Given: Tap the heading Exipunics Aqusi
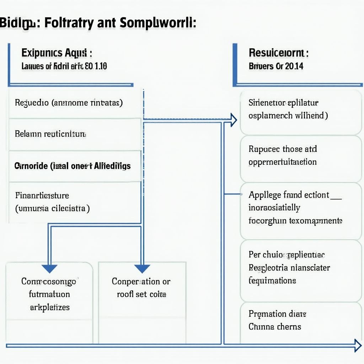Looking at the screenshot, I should [x=57, y=53].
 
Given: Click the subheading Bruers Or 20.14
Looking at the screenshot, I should [x=276, y=66].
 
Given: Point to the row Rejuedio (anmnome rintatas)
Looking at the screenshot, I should [x=69, y=103].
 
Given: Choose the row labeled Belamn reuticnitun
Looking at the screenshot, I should [x=50, y=134].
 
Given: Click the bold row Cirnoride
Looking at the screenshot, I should [x=73, y=166].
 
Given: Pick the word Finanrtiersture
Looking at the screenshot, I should [x=42, y=195].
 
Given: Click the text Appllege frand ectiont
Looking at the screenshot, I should [x=289, y=195].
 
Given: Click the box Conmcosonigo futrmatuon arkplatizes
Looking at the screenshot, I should [x=49, y=294].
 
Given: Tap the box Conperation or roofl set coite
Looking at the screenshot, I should [x=141, y=288].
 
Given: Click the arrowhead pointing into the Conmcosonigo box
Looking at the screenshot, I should [x=49, y=268].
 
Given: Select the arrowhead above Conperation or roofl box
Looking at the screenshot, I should [x=142, y=268].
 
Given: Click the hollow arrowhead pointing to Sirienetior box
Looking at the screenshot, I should [x=233, y=120].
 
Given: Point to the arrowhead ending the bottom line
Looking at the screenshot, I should [x=358, y=345].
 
